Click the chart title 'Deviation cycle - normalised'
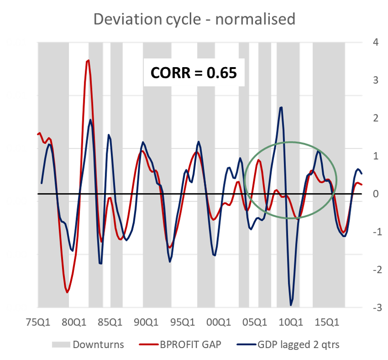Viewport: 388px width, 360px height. [194, 19]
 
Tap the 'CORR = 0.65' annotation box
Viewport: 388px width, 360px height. [194, 73]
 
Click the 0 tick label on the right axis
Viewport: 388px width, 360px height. [376, 194]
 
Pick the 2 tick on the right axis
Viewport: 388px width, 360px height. [376, 118]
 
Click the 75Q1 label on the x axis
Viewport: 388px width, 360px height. [38, 322]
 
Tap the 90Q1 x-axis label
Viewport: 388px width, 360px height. [146, 322]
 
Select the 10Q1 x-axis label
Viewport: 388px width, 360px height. [291, 322]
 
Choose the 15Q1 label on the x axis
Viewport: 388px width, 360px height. [327, 322]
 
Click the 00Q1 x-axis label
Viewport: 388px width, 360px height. [219, 322]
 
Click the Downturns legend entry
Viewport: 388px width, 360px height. [88, 344]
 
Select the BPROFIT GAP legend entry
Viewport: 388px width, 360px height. [180, 344]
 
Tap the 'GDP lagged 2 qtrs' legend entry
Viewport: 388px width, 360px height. [288, 344]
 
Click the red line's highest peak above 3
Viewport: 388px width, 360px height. [88, 60]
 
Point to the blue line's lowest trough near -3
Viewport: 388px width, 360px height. [291, 305]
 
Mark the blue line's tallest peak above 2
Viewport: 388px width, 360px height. [281, 108]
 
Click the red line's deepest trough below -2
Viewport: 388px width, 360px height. [67, 292]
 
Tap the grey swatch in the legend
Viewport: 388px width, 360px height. [61, 345]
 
